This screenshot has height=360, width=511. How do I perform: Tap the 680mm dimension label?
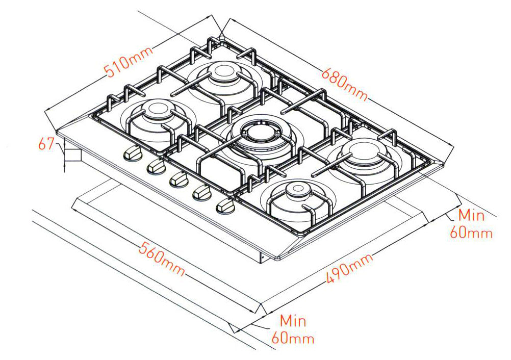(345, 81)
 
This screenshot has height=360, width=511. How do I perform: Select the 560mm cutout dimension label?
(161, 260)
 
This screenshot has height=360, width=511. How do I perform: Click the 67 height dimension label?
(47, 145)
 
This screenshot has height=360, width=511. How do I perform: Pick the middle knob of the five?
(178, 179)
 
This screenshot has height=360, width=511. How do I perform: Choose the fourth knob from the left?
(201, 193)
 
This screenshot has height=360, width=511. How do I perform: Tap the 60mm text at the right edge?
(471, 233)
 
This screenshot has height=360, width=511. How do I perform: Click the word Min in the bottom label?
(293, 321)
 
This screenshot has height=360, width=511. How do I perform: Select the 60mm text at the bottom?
(293, 338)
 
